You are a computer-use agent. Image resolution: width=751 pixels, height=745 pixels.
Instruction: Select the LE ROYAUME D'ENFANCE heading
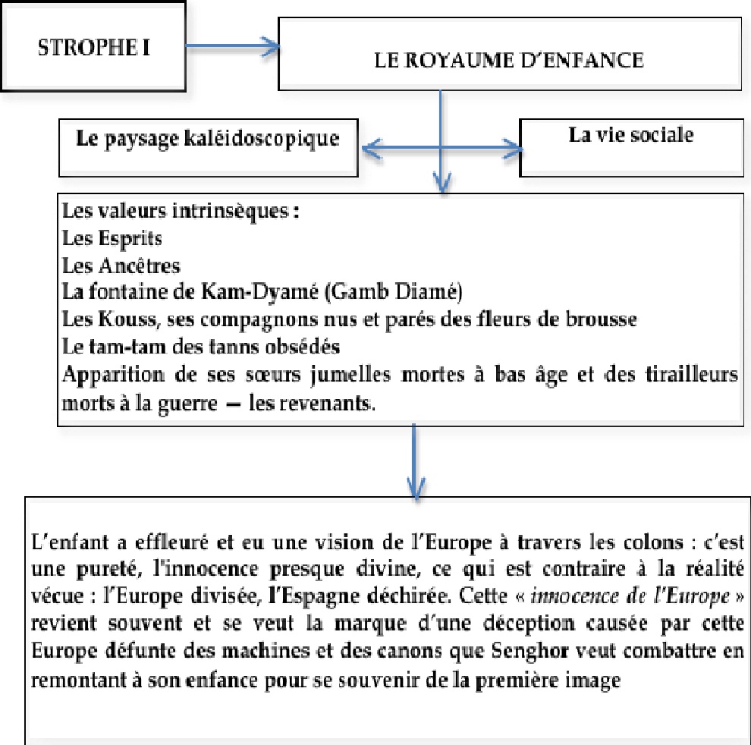(x=509, y=61)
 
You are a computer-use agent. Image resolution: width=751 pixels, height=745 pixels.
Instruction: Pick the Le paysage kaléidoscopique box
(x=207, y=140)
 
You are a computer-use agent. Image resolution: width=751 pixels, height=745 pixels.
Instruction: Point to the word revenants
(x=332, y=401)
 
